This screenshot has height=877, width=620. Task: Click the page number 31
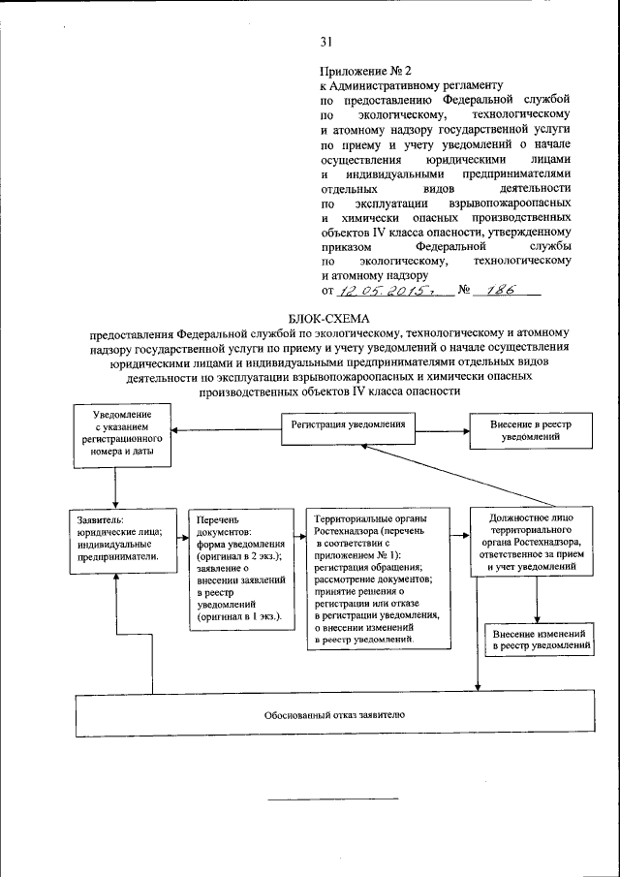point(326,40)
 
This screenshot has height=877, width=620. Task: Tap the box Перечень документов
point(240,569)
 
